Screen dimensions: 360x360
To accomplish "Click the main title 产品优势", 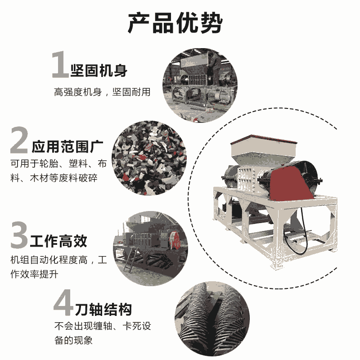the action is click(175, 23).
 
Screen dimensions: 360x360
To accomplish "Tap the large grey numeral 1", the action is click(60, 65).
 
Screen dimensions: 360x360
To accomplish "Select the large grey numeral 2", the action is click(19, 140).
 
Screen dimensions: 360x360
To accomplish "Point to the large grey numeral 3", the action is click(19, 234).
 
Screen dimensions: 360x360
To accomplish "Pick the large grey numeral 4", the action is click(63, 302).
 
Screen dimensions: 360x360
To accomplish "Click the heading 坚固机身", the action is click(99, 71).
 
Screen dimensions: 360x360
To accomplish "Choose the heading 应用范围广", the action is click(67, 147).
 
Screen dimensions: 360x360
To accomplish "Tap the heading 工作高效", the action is click(58, 241).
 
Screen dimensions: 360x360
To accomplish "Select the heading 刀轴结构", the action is click(103, 310).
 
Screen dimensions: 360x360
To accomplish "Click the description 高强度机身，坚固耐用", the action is click(102, 92).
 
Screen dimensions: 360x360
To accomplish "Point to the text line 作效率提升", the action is click(34, 274).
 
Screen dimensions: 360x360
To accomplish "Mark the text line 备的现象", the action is click(73, 340).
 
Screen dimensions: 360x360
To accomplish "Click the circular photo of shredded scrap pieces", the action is click(149, 158).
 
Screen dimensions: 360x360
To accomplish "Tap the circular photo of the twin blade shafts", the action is click(212, 319).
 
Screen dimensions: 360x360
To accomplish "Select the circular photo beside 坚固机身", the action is click(200, 85).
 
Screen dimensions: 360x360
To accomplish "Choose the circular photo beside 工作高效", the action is click(150, 249).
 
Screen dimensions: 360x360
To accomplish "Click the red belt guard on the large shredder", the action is click(290, 184).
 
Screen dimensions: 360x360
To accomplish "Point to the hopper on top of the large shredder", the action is click(263, 149).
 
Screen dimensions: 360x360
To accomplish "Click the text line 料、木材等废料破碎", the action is click(54, 178).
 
